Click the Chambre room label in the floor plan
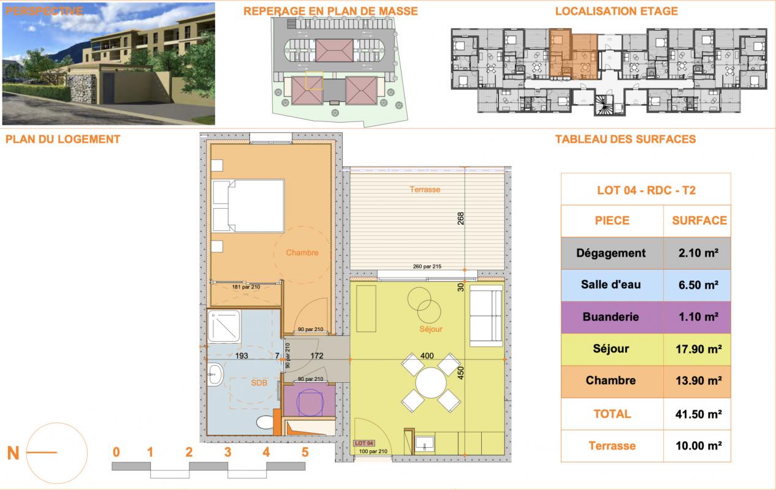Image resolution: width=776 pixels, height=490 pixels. point(302,253)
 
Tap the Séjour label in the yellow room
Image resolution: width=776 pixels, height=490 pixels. point(431,329)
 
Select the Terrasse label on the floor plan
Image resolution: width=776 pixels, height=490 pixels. point(425,189)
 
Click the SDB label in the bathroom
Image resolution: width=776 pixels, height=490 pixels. point(259,383)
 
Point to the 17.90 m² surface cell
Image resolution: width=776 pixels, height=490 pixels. point(698,349)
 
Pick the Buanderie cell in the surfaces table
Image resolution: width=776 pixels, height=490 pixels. point(611,317)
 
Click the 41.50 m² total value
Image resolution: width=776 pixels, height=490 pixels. point(698,414)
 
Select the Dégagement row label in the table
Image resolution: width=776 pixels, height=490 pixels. point(611,253)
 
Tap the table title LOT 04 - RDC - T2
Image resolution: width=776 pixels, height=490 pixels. point(646,190)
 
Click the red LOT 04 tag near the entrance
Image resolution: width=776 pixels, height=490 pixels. point(363,443)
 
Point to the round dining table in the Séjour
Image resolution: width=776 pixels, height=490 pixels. point(431,383)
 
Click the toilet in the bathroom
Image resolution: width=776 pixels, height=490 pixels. point(265,422)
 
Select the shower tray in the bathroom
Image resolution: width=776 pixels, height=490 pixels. point(224,326)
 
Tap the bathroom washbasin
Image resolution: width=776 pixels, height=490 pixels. point(216,374)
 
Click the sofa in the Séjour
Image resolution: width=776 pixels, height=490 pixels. point(486,315)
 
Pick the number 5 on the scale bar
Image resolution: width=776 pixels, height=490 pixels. point(305,452)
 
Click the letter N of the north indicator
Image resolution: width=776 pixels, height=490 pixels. point(13,453)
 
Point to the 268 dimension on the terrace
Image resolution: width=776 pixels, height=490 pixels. point(460,219)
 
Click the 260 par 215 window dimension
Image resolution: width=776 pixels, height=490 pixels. point(427,266)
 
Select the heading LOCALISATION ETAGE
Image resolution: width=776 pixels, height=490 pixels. point(616,11)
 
